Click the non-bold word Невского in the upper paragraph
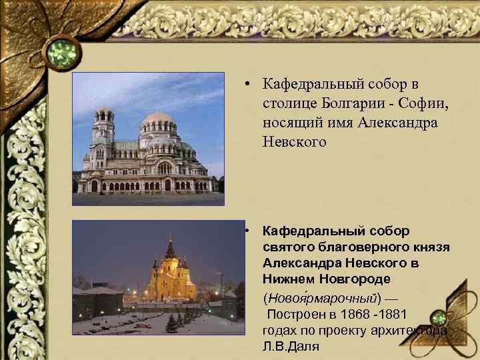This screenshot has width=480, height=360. pyautogui.click(x=295, y=143)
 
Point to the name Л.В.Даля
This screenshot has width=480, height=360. pyautogui.click(x=291, y=347)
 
